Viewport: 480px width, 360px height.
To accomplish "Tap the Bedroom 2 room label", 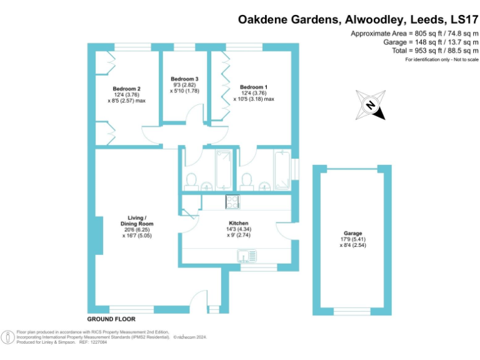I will (x=126, y=89).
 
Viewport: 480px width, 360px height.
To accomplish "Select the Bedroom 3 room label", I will (x=184, y=79).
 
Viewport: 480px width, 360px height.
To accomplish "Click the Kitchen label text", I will (x=239, y=223).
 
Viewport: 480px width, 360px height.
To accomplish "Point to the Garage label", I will (x=352, y=233).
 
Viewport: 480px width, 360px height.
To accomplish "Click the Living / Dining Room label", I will (x=136, y=221).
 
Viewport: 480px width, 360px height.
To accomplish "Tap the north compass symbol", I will (x=370, y=105).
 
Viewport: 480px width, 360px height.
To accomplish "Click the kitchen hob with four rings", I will (x=232, y=201).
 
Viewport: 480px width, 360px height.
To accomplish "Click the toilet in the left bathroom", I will (x=191, y=181).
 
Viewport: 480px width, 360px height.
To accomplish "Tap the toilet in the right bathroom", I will (x=247, y=181).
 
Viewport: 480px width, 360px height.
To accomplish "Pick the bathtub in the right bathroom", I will (x=282, y=169).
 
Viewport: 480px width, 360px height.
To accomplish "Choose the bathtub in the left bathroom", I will (x=223, y=169).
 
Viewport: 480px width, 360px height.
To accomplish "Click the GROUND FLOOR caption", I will (x=111, y=319).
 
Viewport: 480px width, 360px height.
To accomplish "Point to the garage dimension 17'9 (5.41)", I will (x=352, y=239).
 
